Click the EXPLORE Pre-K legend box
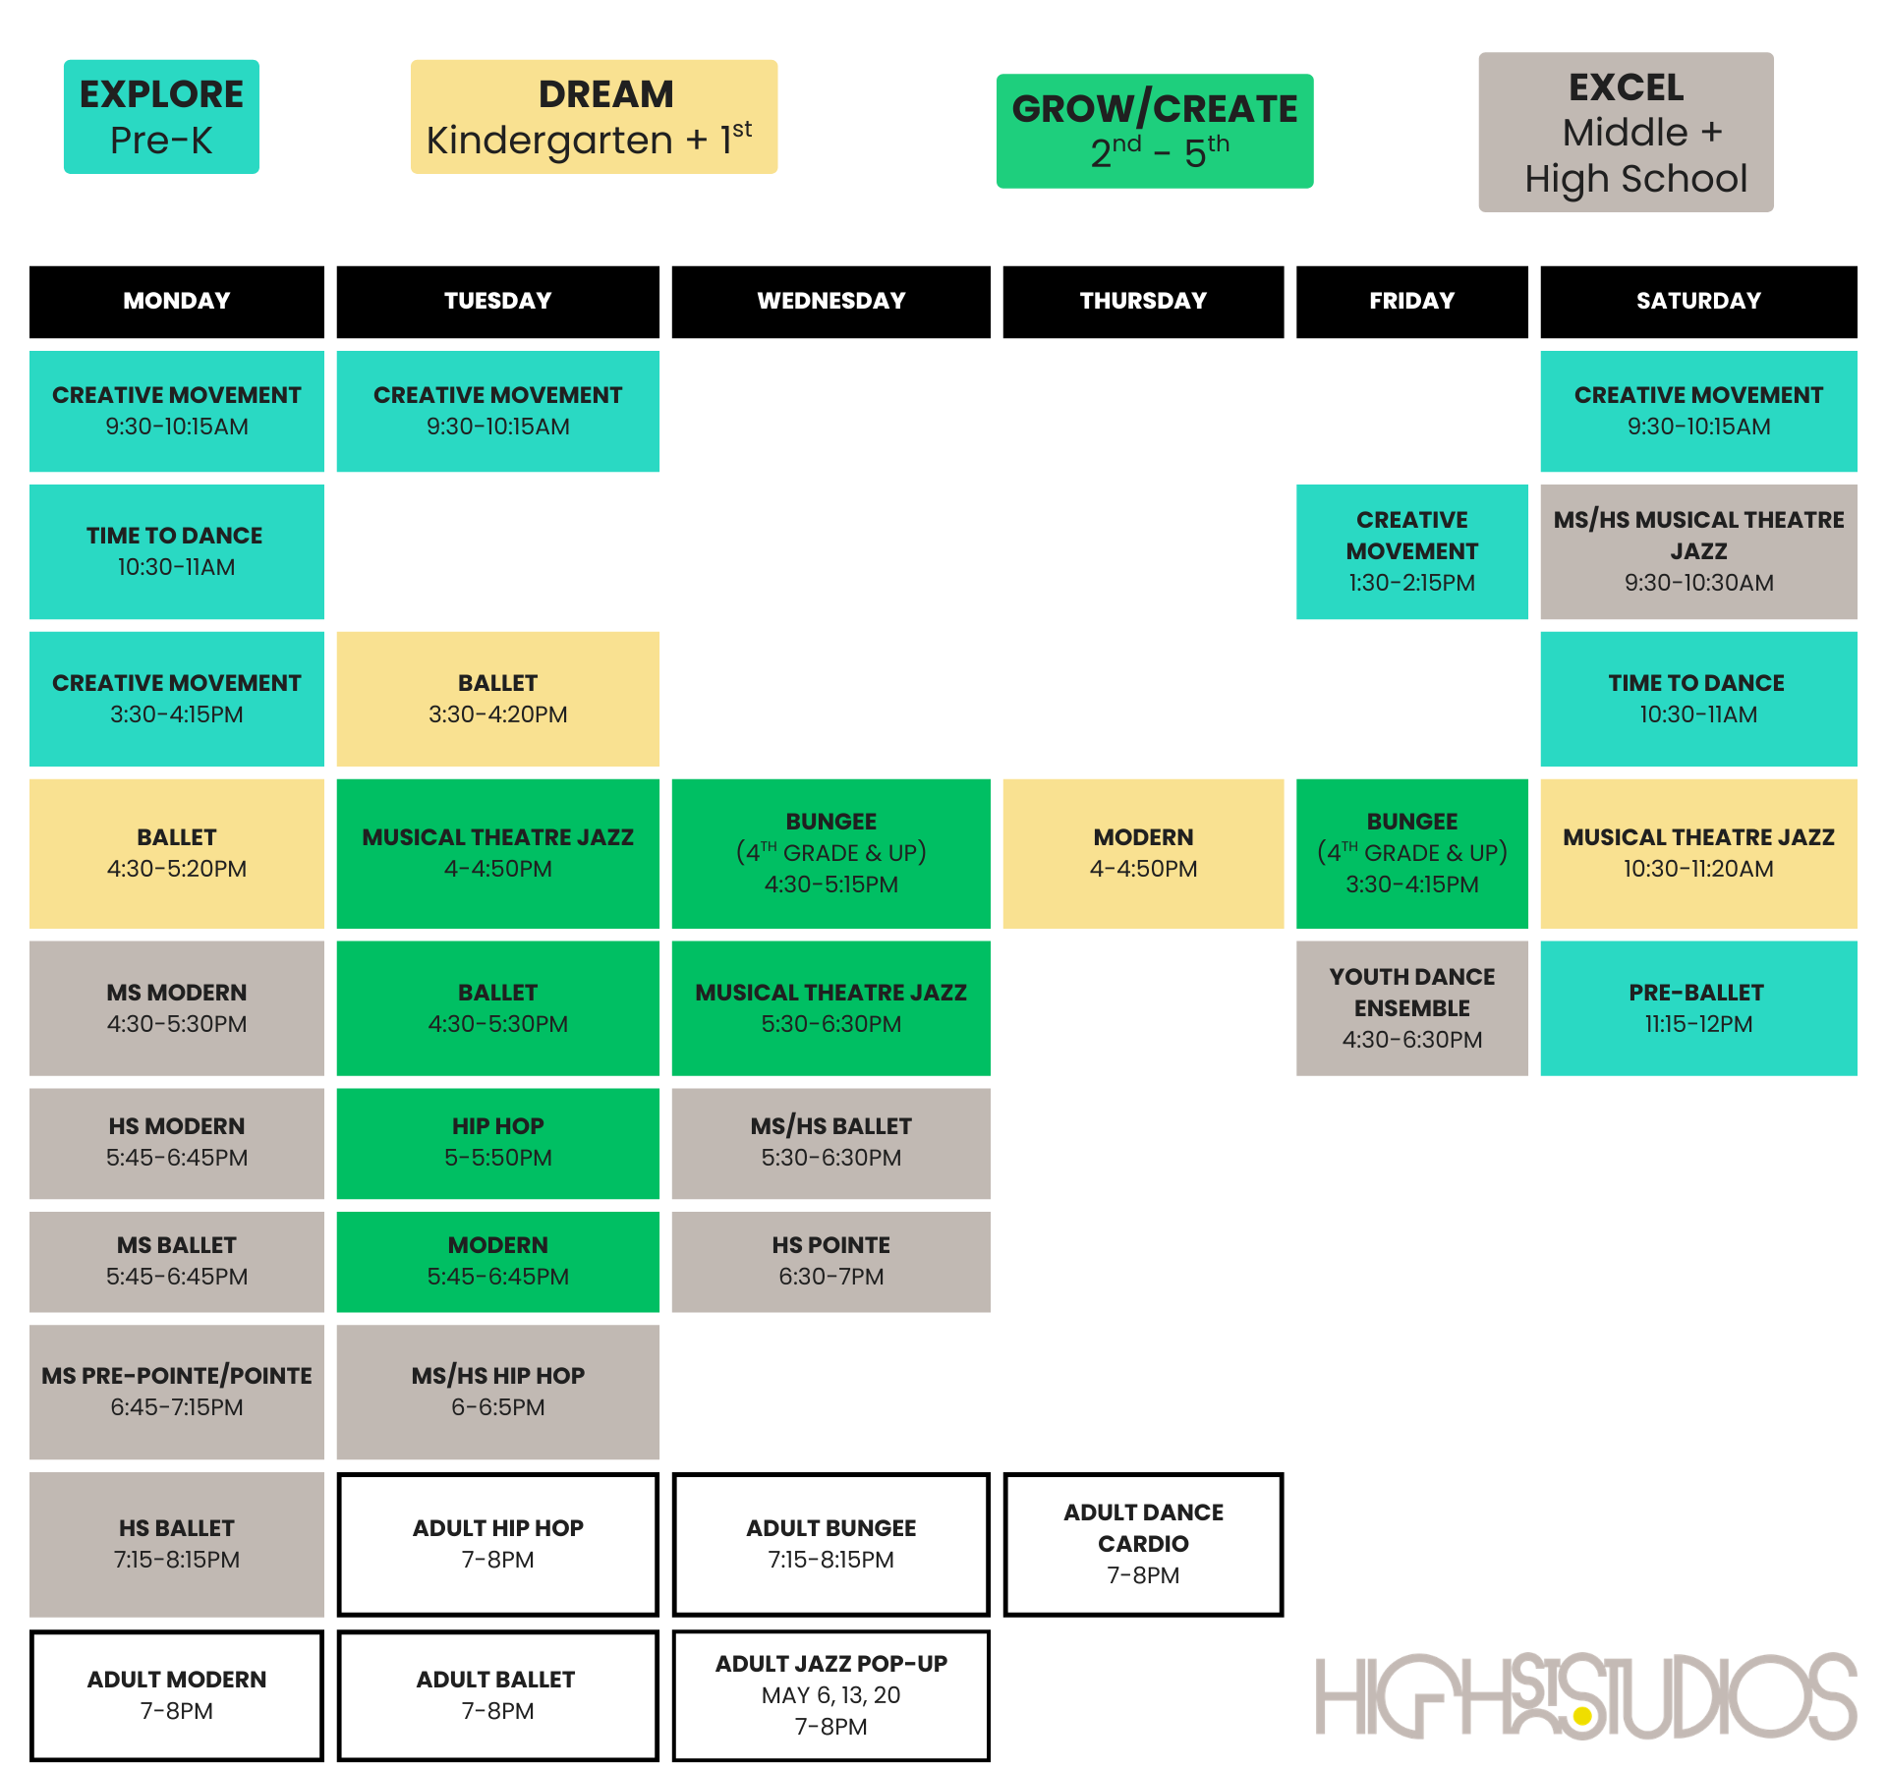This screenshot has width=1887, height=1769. click(x=161, y=117)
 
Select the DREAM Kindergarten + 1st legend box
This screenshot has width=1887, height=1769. click(x=594, y=117)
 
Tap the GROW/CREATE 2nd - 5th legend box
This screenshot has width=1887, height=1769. click(x=1155, y=131)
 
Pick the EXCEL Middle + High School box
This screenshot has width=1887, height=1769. click(x=1626, y=133)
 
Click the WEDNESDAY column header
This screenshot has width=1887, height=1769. click(x=830, y=301)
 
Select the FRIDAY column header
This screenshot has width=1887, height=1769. click(x=1411, y=301)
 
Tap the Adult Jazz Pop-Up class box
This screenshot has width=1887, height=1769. click(x=830, y=1695)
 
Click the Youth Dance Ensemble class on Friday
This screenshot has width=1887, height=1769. click(x=1411, y=1008)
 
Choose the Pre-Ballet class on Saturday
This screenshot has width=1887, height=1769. click(x=1697, y=1008)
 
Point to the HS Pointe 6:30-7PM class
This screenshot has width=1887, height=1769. click(x=830, y=1261)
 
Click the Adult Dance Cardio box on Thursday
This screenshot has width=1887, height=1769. click(x=1143, y=1544)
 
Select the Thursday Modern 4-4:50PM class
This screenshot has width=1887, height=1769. click(x=1143, y=853)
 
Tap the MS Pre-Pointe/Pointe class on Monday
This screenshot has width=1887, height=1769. click(x=177, y=1392)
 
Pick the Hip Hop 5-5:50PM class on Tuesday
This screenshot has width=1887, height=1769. click(x=497, y=1142)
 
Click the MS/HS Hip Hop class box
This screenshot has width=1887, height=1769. click(x=497, y=1392)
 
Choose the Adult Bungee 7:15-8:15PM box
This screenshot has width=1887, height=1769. click(x=830, y=1544)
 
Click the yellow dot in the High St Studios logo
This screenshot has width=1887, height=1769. click(x=1581, y=1716)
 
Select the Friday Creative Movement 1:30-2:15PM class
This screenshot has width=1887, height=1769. click(x=1411, y=551)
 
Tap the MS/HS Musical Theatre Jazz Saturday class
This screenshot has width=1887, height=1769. click(x=1697, y=551)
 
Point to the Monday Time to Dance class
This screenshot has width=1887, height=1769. click(x=177, y=551)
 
